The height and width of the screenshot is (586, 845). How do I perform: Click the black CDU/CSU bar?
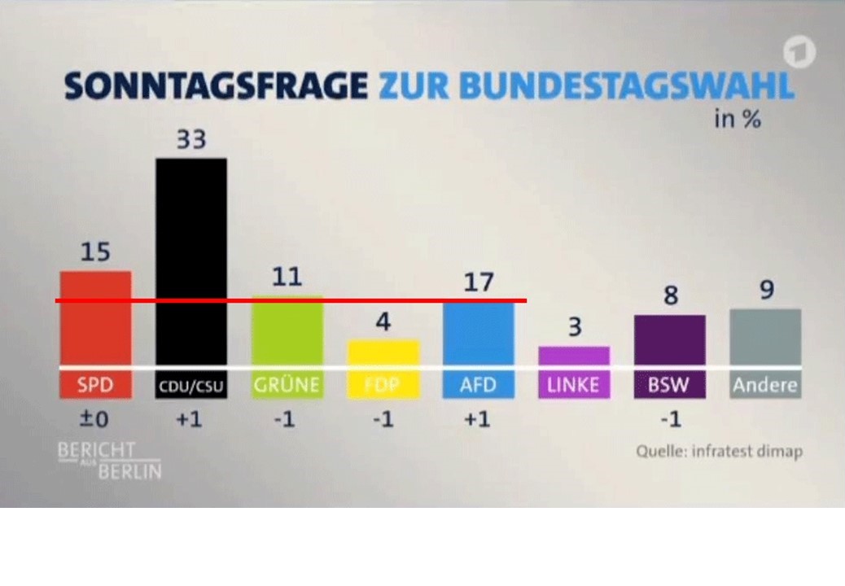tap(191, 260)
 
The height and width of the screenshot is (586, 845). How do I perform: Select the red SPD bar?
tap(95, 317)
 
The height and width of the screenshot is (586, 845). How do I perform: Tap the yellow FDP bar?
tap(383, 352)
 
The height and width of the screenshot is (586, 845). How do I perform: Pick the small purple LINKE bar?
tap(574, 356)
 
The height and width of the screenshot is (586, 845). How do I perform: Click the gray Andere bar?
tap(765, 337)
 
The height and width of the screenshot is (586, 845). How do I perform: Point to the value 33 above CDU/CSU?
tap(191, 140)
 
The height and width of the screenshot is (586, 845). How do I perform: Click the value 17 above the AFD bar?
tap(478, 282)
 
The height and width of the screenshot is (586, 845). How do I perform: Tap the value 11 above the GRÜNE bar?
tap(287, 278)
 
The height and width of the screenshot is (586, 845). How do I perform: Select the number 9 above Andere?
tap(766, 291)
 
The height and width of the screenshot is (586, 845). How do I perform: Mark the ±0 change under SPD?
tap(95, 420)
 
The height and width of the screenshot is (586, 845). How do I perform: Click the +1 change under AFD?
tap(478, 420)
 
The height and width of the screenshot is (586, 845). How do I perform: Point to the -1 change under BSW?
tap(669, 420)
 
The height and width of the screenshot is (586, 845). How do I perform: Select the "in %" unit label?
tap(737, 120)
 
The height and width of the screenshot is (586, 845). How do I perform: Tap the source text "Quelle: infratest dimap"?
tap(719, 451)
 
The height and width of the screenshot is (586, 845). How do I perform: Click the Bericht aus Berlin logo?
tap(108, 460)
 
